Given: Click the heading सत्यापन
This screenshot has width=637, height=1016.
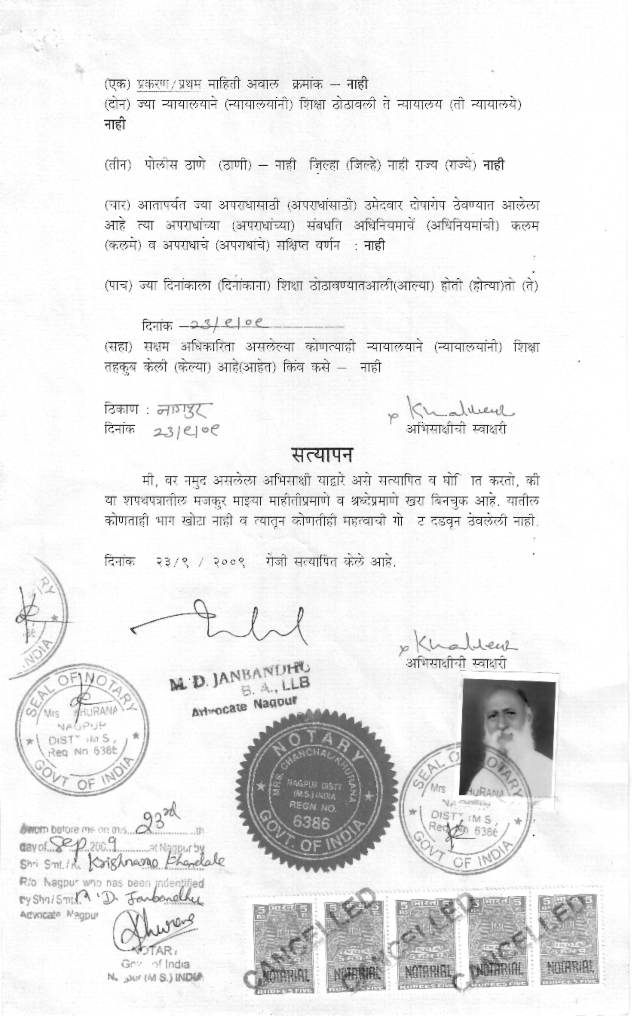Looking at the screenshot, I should [321, 456].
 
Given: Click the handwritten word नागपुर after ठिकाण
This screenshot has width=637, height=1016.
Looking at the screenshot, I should [183, 410].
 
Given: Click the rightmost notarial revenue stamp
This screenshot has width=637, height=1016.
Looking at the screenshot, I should [568, 938].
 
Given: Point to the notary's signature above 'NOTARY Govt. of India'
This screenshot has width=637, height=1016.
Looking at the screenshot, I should [155, 926].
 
